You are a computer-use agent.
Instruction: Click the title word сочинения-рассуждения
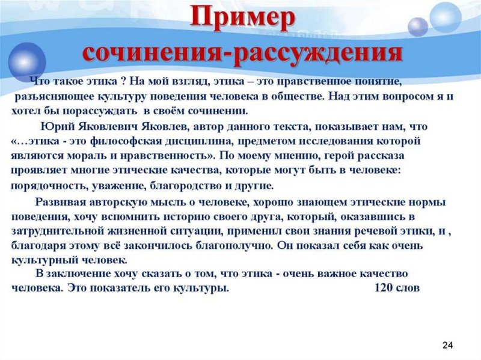[242, 52]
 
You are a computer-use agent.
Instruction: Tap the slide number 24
[447, 344]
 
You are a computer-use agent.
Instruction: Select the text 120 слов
[396, 287]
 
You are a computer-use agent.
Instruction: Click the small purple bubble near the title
[417, 27]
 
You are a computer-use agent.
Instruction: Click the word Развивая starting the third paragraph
[58, 202]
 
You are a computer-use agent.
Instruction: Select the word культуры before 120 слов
[200, 287]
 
